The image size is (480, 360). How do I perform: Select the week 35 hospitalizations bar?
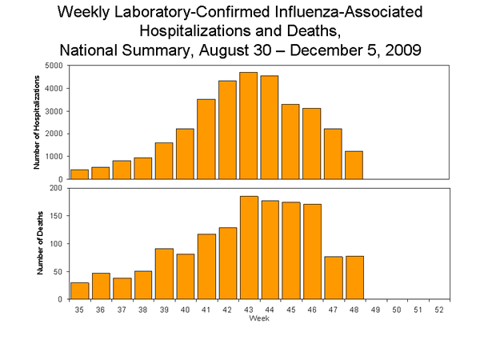click(79, 174)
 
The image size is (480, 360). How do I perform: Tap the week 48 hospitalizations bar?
click(354, 165)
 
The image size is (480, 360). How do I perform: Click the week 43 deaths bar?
click(248, 247)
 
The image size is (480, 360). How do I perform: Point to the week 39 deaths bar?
click(164, 274)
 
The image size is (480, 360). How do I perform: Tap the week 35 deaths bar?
click(79, 290)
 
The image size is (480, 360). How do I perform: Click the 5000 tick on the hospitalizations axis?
click(55, 66)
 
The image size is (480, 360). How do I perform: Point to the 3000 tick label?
click(55, 111)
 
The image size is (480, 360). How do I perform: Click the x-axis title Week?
click(258, 318)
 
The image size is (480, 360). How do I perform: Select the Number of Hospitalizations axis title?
click(37, 122)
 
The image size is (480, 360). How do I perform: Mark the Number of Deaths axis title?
click(37, 244)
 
